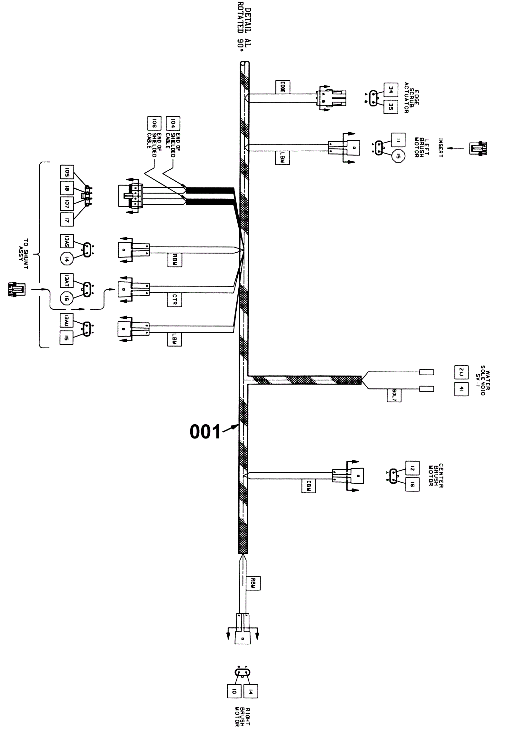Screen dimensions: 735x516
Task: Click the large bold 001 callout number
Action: (205, 432)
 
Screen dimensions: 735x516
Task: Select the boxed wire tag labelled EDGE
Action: (282, 87)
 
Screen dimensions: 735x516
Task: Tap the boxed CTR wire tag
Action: (174, 300)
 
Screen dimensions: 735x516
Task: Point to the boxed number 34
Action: (391, 90)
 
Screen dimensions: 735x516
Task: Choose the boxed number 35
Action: (391, 107)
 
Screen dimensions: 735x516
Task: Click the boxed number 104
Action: (173, 123)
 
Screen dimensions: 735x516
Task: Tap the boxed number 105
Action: (67, 172)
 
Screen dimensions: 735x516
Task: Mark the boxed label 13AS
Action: (67, 241)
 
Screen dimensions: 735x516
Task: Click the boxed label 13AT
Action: (67, 280)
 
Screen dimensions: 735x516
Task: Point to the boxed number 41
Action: (461, 389)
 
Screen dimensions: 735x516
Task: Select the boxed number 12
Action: (412, 468)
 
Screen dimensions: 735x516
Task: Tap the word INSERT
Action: (440, 148)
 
